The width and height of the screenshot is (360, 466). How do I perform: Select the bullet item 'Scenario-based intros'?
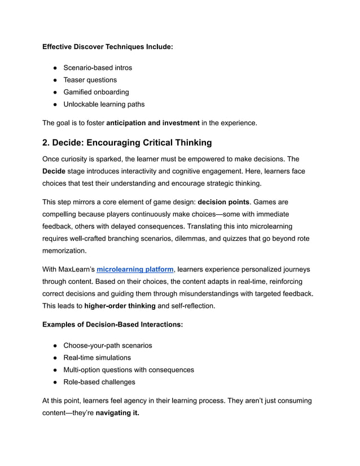tap(98, 68)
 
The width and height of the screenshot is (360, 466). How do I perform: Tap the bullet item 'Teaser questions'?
tap(90, 80)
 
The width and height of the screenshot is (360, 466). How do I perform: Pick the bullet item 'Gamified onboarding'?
tap(96, 92)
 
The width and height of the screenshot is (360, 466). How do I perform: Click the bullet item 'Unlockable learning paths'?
tap(104, 104)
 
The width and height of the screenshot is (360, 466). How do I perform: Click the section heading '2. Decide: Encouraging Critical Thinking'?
tap(127, 142)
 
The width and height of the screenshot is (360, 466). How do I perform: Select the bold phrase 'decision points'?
tap(223, 202)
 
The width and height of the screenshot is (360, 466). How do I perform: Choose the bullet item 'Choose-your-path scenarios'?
tap(107, 345)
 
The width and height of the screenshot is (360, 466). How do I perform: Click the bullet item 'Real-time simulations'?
tap(97, 358)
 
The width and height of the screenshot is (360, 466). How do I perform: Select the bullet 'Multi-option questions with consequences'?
tap(129, 370)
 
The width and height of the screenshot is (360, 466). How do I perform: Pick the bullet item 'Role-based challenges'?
tap(99, 382)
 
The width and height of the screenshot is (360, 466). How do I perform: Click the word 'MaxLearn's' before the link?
tap(76, 270)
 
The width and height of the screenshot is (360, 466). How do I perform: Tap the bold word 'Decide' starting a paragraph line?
tap(54, 171)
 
